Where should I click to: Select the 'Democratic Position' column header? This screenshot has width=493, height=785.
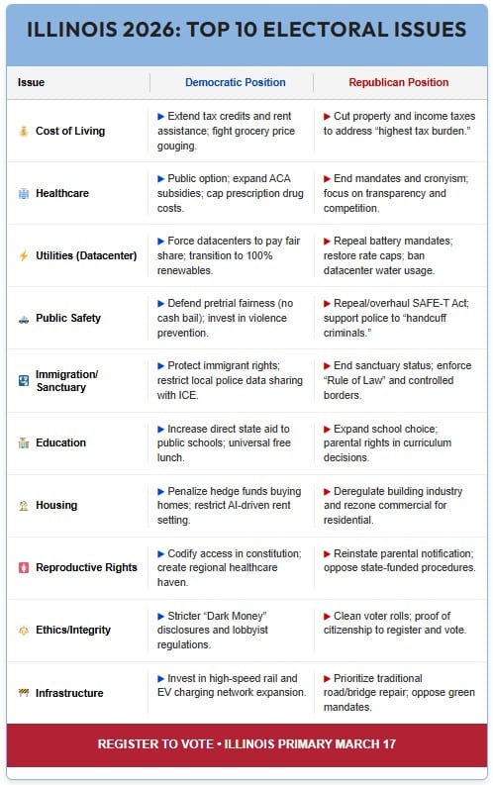[235, 82]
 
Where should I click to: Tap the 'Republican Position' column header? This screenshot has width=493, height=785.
[397, 82]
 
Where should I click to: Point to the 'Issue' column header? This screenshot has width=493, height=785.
[31, 82]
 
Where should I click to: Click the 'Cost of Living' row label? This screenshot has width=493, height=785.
[69, 131]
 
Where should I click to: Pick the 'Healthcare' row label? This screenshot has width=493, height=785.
[61, 193]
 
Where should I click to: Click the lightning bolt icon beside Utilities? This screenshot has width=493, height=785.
[23, 255]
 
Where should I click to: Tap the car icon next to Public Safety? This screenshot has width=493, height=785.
[23, 318]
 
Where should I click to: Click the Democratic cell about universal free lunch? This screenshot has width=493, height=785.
[233, 442]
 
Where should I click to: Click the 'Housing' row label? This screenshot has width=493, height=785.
[55, 505]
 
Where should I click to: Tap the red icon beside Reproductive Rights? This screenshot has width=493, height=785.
[23, 567]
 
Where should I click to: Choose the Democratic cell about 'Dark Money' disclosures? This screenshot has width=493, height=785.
[233, 630]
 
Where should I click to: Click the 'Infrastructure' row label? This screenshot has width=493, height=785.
[68, 693]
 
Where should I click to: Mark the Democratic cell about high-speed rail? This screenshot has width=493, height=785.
[233, 685]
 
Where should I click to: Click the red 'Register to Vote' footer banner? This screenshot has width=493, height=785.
[246, 744]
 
